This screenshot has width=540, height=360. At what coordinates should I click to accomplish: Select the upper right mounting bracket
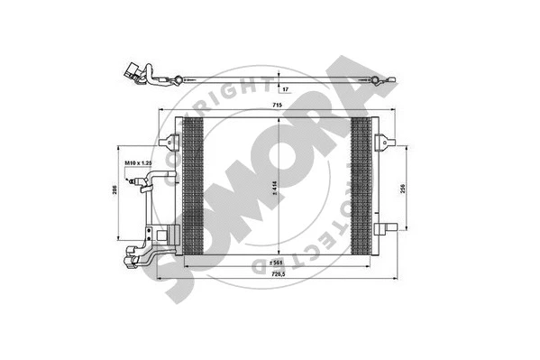pyautogui.click(x=385, y=141)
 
